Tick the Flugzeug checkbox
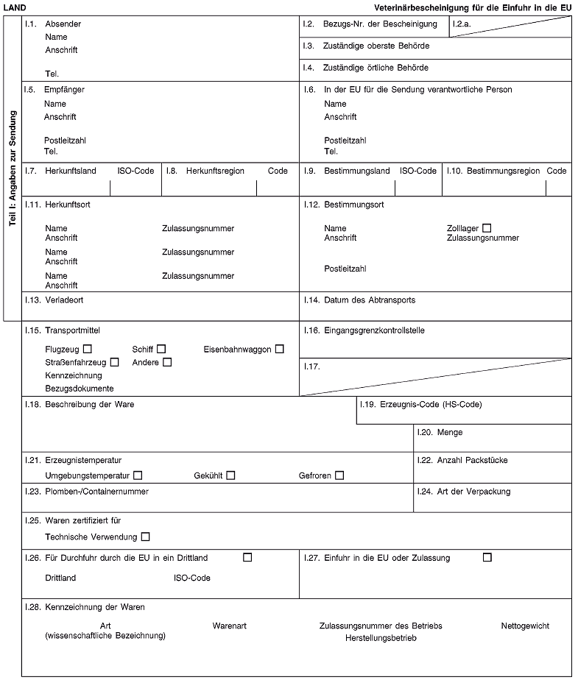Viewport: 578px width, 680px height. coord(88,348)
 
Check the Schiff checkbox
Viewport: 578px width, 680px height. coord(161,348)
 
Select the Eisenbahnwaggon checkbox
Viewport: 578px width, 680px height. coord(279,348)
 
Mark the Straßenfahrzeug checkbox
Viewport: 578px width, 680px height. coord(114,362)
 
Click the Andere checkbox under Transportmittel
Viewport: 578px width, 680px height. coord(167,362)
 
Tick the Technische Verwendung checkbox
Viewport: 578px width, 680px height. coord(145,536)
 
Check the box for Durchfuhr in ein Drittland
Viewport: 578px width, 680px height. coord(247,557)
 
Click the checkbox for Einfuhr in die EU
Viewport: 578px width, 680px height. coord(487,557)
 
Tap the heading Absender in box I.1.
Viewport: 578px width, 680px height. coord(63,24)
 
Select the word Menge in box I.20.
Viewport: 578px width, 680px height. coord(449,432)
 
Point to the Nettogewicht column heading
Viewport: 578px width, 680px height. coord(524,626)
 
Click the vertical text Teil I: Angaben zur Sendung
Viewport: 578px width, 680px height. coord(13,168)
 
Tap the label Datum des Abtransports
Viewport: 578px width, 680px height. coord(370,300)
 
